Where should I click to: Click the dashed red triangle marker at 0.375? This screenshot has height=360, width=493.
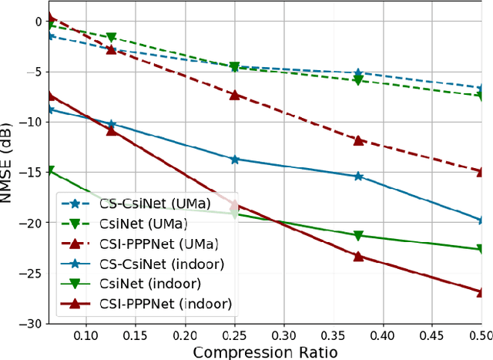click(x=358, y=140)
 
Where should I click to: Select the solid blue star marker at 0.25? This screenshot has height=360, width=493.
click(x=235, y=160)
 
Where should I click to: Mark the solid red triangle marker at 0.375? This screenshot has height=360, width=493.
click(x=358, y=256)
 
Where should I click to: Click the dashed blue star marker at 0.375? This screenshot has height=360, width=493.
click(x=358, y=72)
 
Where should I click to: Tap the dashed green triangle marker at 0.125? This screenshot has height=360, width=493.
click(x=111, y=37)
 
